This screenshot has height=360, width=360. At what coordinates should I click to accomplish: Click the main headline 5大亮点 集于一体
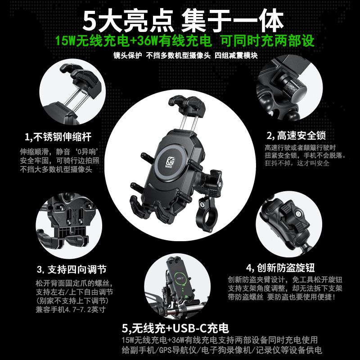(x=183, y=21)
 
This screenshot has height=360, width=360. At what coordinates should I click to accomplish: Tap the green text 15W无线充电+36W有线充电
(x=133, y=41)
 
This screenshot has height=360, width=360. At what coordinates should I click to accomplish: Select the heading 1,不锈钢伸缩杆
(x=58, y=137)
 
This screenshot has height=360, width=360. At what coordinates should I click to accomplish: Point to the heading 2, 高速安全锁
(x=296, y=135)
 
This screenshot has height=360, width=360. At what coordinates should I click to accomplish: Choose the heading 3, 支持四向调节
(x=72, y=269)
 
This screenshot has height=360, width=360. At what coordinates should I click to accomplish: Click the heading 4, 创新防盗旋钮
(x=280, y=268)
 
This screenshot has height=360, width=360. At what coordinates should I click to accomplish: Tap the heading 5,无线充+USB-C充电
(x=175, y=328)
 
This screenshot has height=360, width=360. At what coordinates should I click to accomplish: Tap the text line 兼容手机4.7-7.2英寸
(x=71, y=310)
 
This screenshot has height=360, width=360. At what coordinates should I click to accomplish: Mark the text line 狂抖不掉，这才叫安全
(x=297, y=163)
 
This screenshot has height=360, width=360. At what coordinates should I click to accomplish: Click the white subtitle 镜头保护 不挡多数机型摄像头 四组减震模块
(x=185, y=55)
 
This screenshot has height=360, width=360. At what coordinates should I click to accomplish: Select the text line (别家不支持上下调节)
(x=72, y=301)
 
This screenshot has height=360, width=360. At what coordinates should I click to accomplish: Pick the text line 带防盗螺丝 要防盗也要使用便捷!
(x=282, y=297)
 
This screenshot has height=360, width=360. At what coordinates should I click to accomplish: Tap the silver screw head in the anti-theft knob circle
(x=298, y=214)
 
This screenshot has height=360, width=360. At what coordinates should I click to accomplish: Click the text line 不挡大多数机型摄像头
(x=56, y=170)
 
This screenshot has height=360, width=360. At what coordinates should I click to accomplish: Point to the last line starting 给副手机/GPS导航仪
(x=222, y=350)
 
